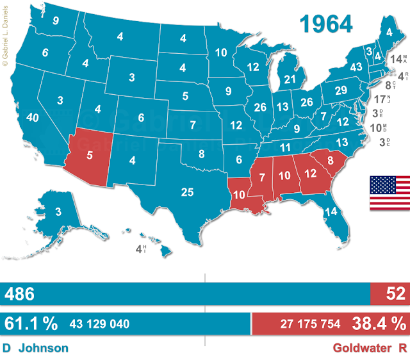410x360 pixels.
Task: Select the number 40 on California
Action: click(x=32, y=118)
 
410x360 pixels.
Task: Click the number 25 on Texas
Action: click(x=188, y=192)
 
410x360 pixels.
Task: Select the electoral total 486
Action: click(x=19, y=294)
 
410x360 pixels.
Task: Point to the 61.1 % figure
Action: click(x=30, y=323)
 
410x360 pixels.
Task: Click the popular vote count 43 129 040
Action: click(x=99, y=324)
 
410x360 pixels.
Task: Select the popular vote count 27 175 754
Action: click(x=310, y=324)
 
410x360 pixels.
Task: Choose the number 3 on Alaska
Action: click(x=57, y=212)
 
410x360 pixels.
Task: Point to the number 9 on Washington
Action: click(x=56, y=20)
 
